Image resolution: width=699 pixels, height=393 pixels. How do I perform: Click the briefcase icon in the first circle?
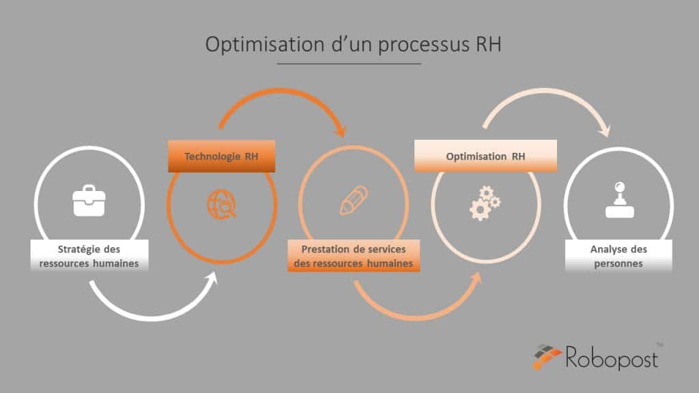89,201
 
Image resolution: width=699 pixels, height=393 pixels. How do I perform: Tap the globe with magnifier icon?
222,204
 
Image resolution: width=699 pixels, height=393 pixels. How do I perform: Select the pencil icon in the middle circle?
354,201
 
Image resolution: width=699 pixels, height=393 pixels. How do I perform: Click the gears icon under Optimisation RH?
485,203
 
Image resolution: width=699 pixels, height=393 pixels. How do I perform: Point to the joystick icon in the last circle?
620,200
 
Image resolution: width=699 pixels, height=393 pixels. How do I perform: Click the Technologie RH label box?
222,156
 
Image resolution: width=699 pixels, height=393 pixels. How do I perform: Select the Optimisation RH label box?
485,156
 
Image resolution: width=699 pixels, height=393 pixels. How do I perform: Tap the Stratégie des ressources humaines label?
89,256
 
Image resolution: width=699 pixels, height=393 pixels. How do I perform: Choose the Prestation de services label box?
354,256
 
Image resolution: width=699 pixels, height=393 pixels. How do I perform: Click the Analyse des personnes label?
618,256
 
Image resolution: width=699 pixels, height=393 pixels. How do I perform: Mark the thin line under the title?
349,63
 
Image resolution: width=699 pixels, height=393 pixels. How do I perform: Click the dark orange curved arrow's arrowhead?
341,131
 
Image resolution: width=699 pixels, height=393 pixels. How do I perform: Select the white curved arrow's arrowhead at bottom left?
212,278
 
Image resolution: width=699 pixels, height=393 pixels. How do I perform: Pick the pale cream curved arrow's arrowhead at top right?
605,131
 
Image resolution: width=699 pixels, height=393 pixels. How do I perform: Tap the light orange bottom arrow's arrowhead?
476,278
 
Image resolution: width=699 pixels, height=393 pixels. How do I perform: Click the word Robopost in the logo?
612,358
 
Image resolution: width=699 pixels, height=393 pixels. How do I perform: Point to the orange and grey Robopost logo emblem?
547,356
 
